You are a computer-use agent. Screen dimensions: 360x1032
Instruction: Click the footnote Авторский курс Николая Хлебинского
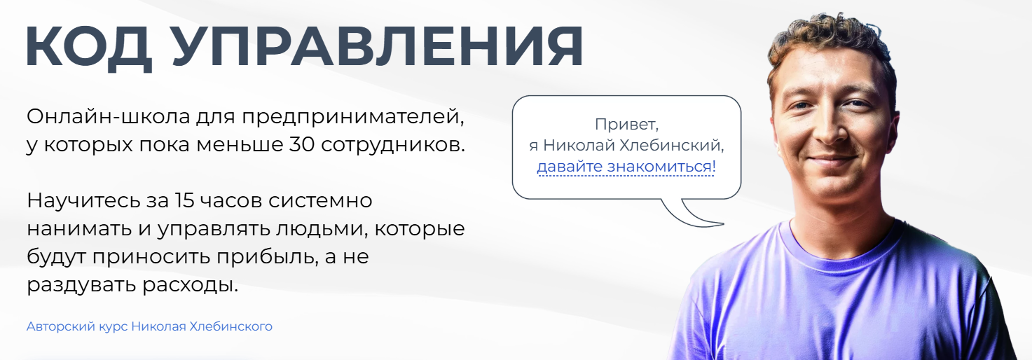coord(149,326)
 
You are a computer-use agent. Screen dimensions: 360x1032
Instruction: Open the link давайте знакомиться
coord(626,167)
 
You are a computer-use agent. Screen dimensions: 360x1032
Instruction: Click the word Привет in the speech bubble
coord(626,125)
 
